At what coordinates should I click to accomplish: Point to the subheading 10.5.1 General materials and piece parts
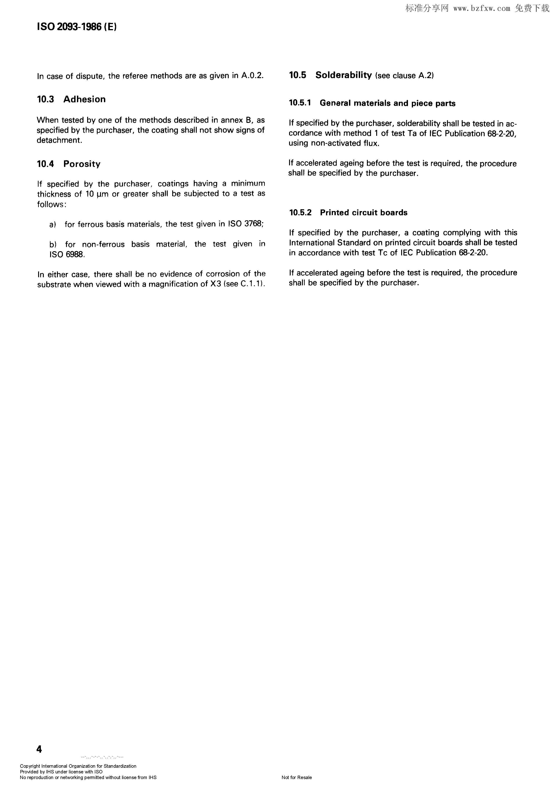[372, 103]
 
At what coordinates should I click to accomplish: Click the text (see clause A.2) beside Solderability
[405, 76]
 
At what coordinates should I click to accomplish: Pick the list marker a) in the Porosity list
[53, 225]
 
